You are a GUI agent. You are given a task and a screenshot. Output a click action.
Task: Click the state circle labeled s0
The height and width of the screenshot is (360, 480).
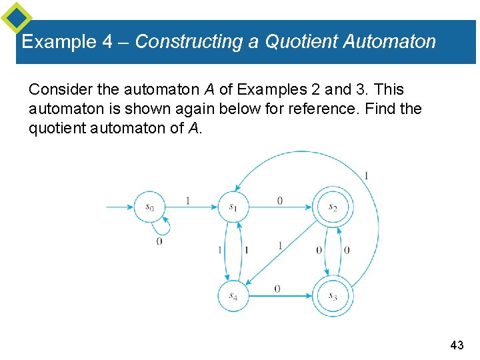point(149,207)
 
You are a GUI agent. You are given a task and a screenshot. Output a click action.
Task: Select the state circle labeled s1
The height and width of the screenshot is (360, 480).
point(233,207)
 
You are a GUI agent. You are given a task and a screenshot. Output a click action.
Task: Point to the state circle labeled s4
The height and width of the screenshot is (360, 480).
point(233,295)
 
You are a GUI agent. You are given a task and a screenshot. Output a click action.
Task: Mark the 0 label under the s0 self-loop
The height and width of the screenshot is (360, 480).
point(159,241)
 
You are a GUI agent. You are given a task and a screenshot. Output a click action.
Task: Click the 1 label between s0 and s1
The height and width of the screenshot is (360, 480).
point(188,200)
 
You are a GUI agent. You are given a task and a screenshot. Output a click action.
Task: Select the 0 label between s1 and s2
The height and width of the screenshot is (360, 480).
point(279,200)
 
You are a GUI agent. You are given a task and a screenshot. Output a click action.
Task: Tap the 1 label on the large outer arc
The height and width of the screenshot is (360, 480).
point(366,176)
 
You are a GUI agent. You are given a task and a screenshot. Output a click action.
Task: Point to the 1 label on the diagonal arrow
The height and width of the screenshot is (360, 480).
point(280,246)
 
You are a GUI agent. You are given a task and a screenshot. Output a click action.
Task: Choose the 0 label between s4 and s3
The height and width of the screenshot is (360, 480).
point(277,288)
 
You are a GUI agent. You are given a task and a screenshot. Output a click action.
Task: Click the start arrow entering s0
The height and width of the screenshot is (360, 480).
point(120,207)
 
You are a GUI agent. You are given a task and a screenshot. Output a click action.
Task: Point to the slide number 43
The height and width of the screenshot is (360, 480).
point(457,345)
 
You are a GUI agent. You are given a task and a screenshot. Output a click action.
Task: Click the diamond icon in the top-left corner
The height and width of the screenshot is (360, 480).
point(16,18)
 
